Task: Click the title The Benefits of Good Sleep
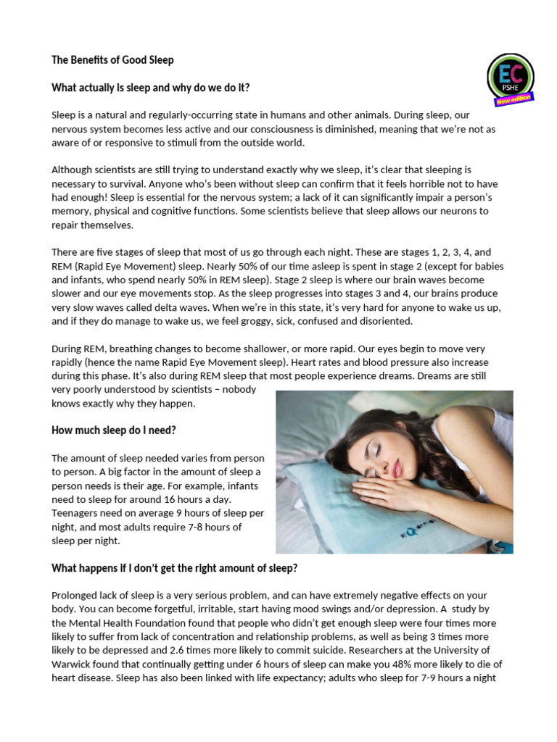(112, 59)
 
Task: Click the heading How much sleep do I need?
(114, 430)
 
